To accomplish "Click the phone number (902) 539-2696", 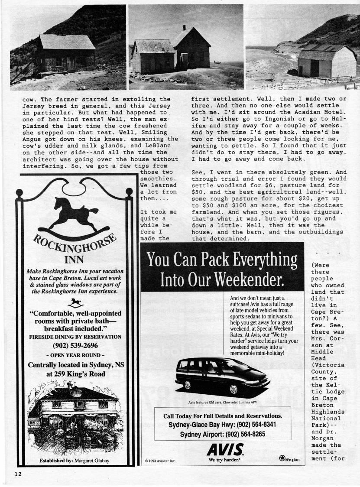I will click(75, 345).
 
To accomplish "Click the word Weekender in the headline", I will click(244, 279).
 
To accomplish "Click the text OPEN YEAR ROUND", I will click(75, 355).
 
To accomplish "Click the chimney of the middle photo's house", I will click(185, 28).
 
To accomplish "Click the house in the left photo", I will click(65, 53).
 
